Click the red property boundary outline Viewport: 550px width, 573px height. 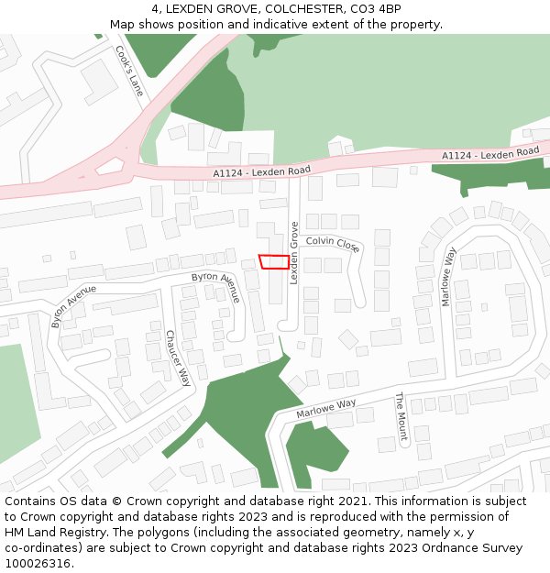pyautogui.click(x=273, y=262)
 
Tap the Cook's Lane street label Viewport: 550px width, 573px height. pyautogui.click(x=129, y=72)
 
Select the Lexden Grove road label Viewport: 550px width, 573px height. pyautogui.click(x=294, y=253)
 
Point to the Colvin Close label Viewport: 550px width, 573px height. pyautogui.click(x=333, y=243)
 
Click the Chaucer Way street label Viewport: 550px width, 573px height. pyautogui.click(x=178, y=358)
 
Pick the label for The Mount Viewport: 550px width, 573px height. pyautogui.click(x=401, y=415)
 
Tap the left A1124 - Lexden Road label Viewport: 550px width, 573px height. pyautogui.click(x=261, y=171)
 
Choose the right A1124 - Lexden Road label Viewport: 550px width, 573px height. pyautogui.click(x=490, y=154)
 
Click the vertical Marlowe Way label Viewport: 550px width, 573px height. pyautogui.click(x=449, y=276)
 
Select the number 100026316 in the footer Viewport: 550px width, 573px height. pyautogui.click(x=38, y=563)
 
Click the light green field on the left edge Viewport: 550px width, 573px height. pyautogui.click(x=18, y=403)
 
